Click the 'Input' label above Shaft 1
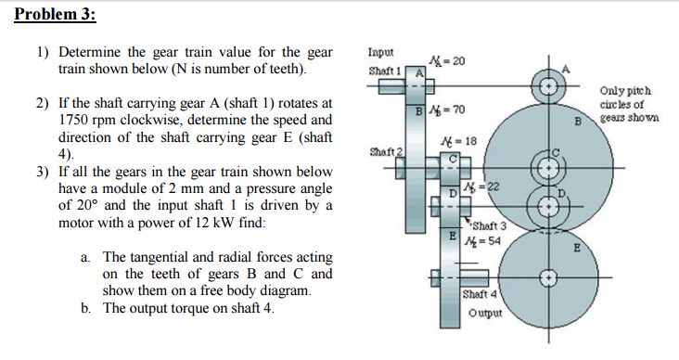click(x=380, y=54)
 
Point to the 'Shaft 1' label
click(x=384, y=71)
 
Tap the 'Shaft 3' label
click(x=488, y=225)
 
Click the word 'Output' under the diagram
click(x=484, y=313)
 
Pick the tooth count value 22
click(x=490, y=186)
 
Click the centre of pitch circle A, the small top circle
click(x=549, y=89)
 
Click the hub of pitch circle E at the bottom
click(x=549, y=277)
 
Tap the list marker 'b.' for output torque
click(x=85, y=308)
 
